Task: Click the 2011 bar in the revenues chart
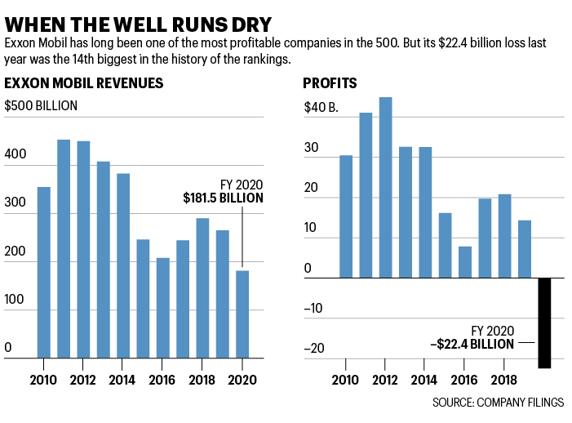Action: [x=64, y=248]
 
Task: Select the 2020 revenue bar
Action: [x=242, y=314]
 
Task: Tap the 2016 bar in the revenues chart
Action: [x=163, y=307]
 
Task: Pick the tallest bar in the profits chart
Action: [x=385, y=188]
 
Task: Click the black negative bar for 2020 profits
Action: [x=544, y=323]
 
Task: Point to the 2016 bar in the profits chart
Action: [x=465, y=262]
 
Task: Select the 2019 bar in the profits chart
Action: [x=525, y=249]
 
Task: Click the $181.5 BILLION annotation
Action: [x=223, y=198]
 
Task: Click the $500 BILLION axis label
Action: [x=41, y=105]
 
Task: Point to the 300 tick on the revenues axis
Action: [x=16, y=203]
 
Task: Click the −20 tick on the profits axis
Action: [x=313, y=349]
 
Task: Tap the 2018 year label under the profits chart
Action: [x=504, y=381]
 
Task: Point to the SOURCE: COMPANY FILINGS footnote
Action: [x=499, y=403]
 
